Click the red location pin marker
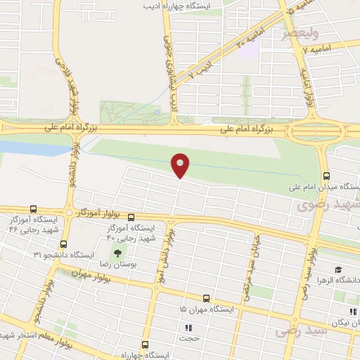pos(181,165)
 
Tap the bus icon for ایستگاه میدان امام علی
pos(326,176)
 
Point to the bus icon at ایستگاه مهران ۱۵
pos(205,298)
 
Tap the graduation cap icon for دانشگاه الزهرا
pos(338,270)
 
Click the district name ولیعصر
pos(300,32)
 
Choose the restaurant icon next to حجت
pos(188,328)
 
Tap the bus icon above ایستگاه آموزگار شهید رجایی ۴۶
pos(34,209)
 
